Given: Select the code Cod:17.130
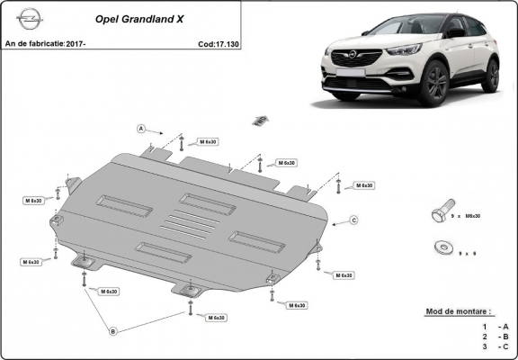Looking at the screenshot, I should click(219, 43).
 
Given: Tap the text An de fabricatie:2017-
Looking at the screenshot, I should click(38, 43).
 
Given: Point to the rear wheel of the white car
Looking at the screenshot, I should click(489, 76).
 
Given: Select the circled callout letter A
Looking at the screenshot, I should click(142, 129).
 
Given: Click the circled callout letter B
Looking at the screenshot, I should click(113, 331).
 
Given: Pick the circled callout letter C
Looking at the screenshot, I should click(353, 220).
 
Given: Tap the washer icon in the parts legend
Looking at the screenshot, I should click(442, 244).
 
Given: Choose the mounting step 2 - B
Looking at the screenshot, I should click(495, 335).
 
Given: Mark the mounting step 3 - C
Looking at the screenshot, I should click(495, 345).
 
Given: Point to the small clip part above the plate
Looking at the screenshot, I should click(260, 120).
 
